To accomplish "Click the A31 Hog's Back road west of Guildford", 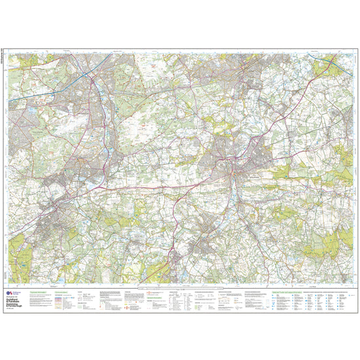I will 164,187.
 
